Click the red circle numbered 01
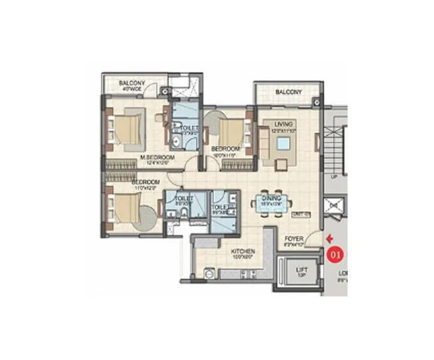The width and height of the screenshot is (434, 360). (x=336, y=254)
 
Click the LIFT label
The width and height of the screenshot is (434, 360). (x=301, y=270)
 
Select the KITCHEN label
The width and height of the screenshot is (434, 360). (x=245, y=251)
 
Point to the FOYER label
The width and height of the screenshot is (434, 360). (x=294, y=239)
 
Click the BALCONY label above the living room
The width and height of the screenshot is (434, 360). (x=288, y=92)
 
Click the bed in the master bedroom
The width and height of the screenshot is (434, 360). (x=128, y=128)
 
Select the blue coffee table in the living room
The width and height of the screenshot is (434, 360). (x=282, y=145)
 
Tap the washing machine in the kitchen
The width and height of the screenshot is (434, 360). (x=209, y=273)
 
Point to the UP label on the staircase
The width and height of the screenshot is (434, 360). (x=334, y=178)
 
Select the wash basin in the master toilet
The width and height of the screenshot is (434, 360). (x=176, y=141)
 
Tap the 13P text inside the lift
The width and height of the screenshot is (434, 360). (x=301, y=277)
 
